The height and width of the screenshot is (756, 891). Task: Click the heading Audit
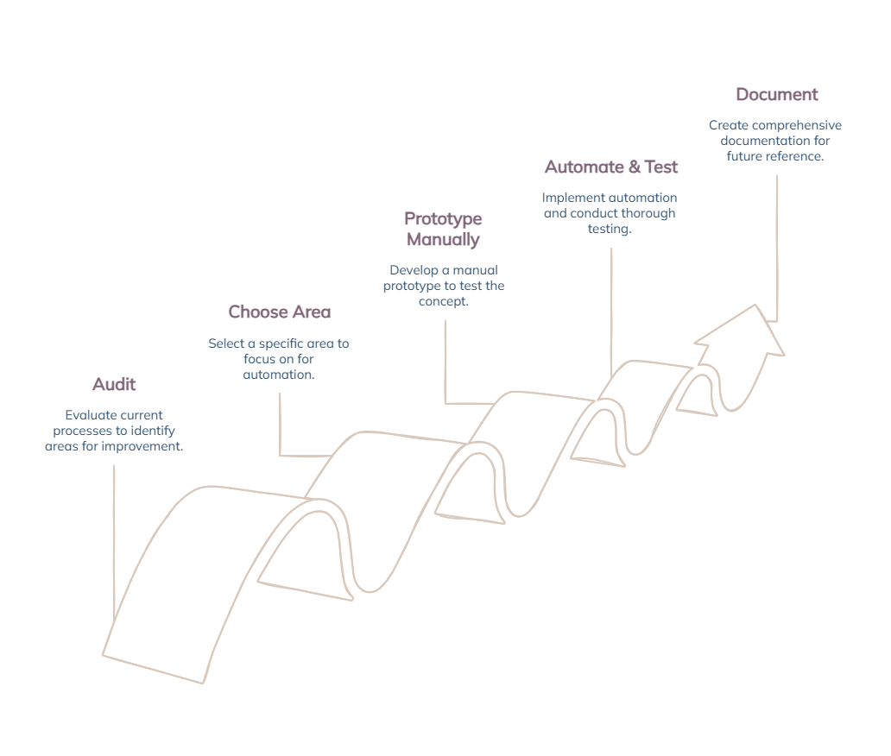coord(114,384)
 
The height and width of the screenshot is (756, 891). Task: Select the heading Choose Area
coord(279,312)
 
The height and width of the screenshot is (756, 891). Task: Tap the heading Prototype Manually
coord(443,229)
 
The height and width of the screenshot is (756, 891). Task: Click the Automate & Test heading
coord(611,167)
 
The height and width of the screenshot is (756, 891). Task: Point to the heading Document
coord(776,94)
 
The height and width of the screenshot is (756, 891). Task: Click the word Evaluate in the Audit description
coord(90,415)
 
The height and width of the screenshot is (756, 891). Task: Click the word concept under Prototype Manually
coord(444,301)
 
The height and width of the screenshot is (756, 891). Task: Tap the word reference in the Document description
coord(794,156)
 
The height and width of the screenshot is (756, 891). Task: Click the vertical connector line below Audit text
coord(114,544)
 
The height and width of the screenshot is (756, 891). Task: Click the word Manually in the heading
coord(443,239)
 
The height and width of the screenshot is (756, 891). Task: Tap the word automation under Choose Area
coord(278,375)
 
